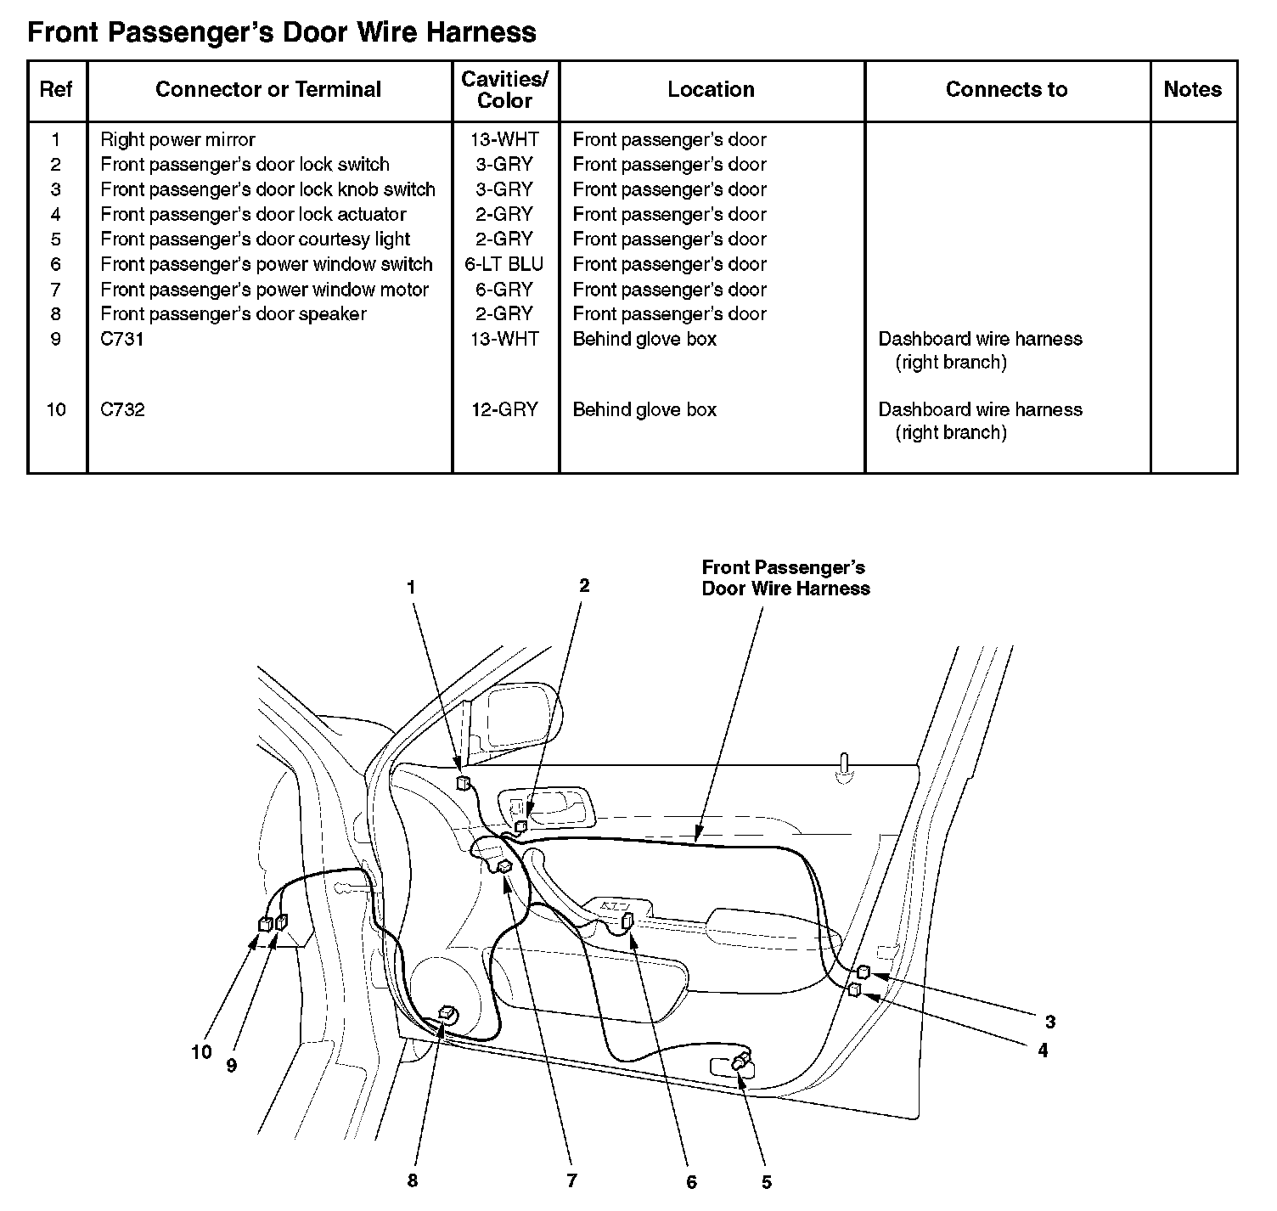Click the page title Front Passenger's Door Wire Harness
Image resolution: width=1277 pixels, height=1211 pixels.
pos(281,32)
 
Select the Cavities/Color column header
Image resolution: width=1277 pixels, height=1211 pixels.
pos(504,90)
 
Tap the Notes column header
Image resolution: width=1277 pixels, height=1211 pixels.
pos(1192,89)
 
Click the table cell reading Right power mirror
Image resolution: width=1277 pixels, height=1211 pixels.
pos(177,139)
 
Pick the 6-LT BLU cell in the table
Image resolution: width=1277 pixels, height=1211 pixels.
pos(504,264)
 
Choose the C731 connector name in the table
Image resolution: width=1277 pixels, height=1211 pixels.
pos(121,339)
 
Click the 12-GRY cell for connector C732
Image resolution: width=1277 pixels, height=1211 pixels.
pos(504,409)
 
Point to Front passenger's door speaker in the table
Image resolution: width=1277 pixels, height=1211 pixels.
pos(233,314)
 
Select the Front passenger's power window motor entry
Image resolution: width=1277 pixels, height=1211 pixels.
pos(264,290)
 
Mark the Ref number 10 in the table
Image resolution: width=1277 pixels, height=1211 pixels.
pos(56,409)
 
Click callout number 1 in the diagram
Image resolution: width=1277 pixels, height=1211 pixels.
pos(412,587)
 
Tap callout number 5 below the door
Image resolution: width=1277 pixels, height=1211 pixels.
pos(766,1181)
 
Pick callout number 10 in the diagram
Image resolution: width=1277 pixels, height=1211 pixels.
pos(201,1052)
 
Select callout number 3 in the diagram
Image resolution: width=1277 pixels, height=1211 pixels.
pos(1049,1022)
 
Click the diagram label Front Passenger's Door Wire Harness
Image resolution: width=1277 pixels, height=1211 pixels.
pos(785,577)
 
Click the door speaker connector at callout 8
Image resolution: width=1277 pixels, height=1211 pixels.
pos(446,1011)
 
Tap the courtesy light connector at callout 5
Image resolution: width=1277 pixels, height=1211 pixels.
pos(742,1060)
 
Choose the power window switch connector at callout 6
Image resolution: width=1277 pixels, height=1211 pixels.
pos(628,920)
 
